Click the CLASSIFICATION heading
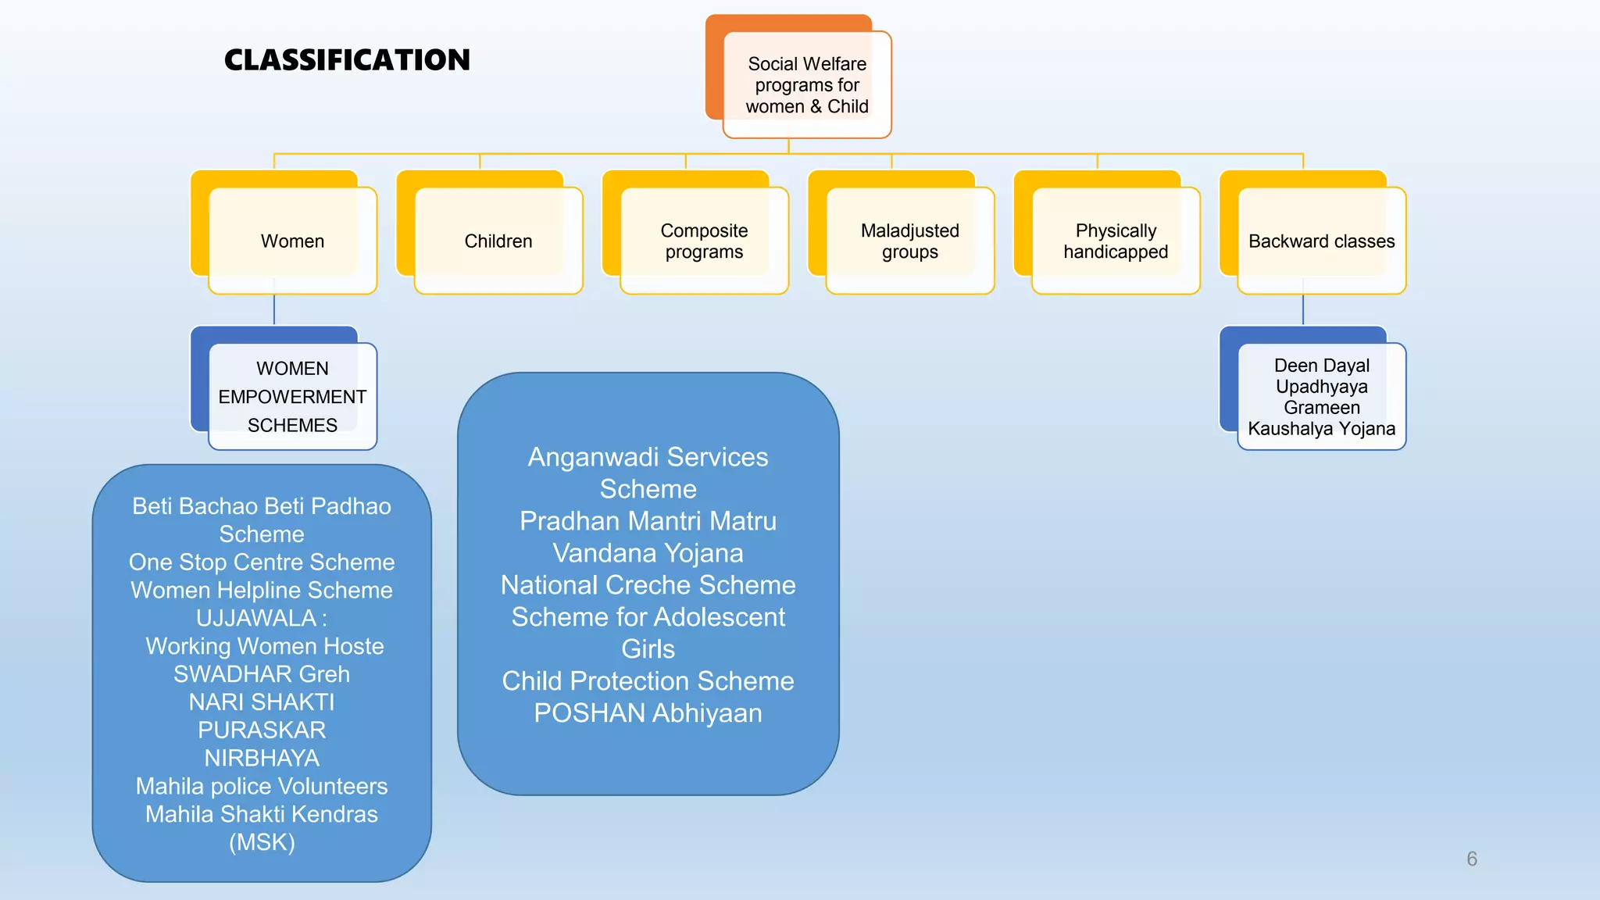347,60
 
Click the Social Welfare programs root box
806,84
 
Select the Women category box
292,241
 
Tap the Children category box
498,241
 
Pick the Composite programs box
704,241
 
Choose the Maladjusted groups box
909,241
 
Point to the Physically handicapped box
1115,241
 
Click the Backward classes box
1321,241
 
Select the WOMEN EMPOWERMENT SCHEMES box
292,396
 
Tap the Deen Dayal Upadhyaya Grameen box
1321,396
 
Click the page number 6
1471,859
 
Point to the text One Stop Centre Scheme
262,562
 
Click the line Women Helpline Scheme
262,590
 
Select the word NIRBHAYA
262,758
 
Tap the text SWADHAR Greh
262,673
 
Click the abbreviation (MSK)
262,842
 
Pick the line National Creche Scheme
648,584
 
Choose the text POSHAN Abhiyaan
648,712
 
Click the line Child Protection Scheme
648,680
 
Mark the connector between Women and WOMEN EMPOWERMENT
274,310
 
